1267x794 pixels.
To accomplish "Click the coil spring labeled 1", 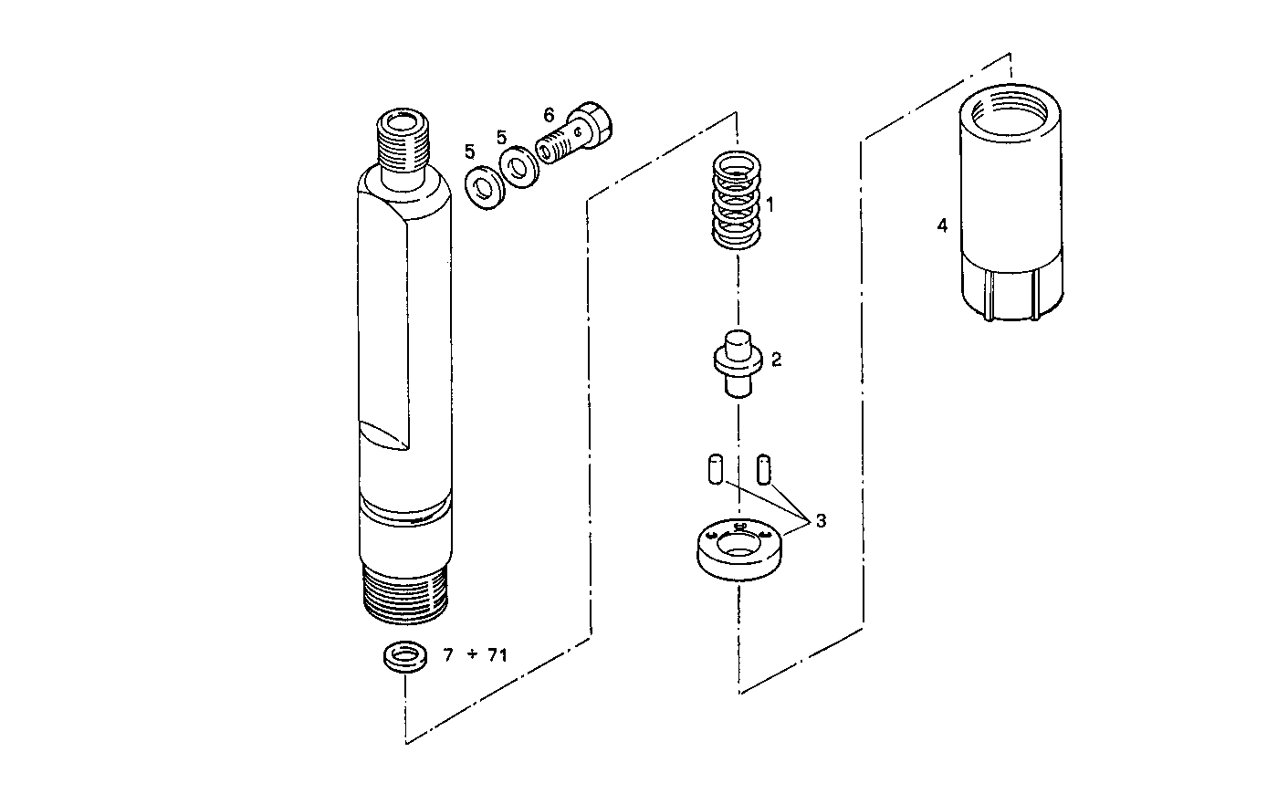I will (736, 202).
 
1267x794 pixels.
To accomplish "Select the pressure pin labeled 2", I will (736, 362).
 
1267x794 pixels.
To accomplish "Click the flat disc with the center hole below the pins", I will (738, 550).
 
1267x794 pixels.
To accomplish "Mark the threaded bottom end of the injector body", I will (403, 593).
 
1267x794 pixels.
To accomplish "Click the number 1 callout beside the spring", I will (770, 204).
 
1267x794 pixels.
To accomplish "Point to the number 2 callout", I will (776, 360).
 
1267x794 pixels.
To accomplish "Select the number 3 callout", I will (821, 521).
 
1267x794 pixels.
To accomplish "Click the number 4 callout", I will (942, 225).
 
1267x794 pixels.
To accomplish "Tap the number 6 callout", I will (549, 115).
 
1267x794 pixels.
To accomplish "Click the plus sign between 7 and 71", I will (472, 654).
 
